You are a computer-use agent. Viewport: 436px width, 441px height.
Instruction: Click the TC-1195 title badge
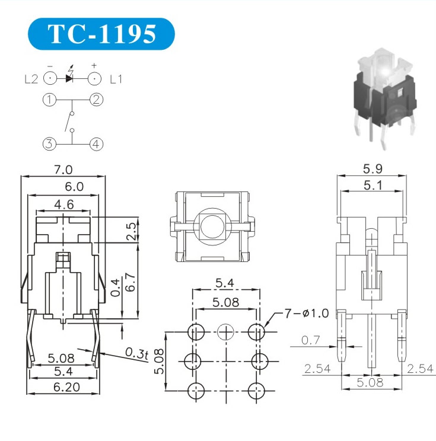pyautogui.click(x=101, y=34)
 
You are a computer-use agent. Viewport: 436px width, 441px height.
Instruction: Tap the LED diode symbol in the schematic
pyautogui.click(x=69, y=78)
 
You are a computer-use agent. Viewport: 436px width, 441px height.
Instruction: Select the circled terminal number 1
pyautogui.click(x=50, y=100)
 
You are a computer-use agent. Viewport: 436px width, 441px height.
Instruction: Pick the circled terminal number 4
pyautogui.click(x=96, y=144)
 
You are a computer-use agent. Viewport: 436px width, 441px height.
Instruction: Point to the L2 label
pyautogui.click(x=31, y=79)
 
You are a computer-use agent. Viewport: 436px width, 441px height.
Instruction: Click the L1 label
pyautogui.click(x=116, y=79)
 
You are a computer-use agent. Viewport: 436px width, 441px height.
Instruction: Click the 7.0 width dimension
pyautogui.click(x=63, y=170)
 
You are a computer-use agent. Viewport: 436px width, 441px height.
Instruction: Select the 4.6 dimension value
pyautogui.click(x=64, y=204)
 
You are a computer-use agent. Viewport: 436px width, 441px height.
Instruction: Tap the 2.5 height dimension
pyautogui.click(x=132, y=231)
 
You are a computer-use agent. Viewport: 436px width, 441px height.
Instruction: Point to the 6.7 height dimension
pyautogui.click(x=132, y=282)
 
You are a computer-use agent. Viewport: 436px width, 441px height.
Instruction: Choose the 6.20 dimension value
pyautogui.click(x=66, y=387)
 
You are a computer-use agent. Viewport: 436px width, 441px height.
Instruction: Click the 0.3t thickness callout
pyautogui.click(x=136, y=353)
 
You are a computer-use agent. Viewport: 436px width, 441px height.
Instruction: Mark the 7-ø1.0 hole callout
pyautogui.click(x=307, y=313)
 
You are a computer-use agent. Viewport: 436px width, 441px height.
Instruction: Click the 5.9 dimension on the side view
pyautogui.click(x=373, y=169)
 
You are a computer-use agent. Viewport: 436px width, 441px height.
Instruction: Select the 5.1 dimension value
pyautogui.click(x=373, y=186)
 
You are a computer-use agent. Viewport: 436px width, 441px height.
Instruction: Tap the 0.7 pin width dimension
pyautogui.click(x=311, y=340)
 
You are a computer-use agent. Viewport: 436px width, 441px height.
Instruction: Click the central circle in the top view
pyautogui.click(x=212, y=226)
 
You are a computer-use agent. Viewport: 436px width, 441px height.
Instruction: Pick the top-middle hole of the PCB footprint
pyautogui.click(x=226, y=332)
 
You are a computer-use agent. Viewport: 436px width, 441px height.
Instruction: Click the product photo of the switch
pyautogui.click(x=384, y=98)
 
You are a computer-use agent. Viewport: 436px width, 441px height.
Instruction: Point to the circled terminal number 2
pyautogui.click(x=96, y=100)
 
